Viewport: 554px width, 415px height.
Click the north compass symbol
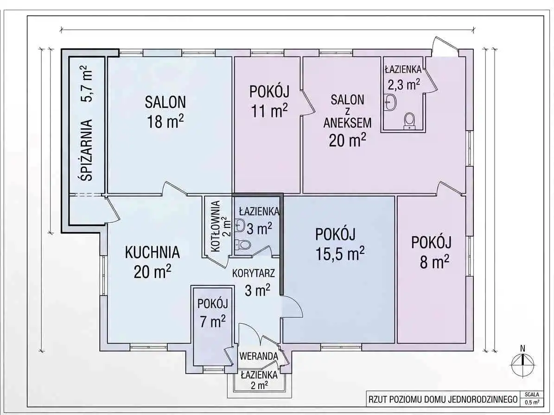pyautogui.click(x=523, y=363)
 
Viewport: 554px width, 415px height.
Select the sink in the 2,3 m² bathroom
pyautogui.click(x=390, y=102)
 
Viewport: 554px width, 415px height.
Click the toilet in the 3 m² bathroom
pyautogui.click(x=243, y=244)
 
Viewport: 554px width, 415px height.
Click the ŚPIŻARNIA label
pyautogui.click(x=87, y=151)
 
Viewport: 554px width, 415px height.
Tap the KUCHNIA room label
pyautogui.click(x=152, y=253)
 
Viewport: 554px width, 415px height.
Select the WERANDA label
pyautogui.click(x=259, y=356)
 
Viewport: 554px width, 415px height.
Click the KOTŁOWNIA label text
pyautogui.click(x=216, y=226)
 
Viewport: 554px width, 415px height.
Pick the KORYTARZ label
pyautogui.click(x=253, y=273)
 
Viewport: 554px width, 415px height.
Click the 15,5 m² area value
pyautogui.click(x=340, y=253)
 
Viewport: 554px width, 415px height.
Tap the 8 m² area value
pyautogui.click(x=434, y=262)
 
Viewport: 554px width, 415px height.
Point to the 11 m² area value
pyautogui.click(x=269, y=111)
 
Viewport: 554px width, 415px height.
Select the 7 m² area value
pyautogui.click(x=213, y=321)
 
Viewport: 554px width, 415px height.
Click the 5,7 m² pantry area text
pyautogui.click(x=87, y=84)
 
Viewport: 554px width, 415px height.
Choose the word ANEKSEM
pyautogui.click(x=347, y=122)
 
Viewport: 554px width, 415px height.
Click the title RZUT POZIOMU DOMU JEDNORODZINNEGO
pyautogui.click(x=443, y=399)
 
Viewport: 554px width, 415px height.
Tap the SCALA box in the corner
pyautogui.click(x=532, y=398)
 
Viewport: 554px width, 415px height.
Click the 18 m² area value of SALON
pyautogui.click(x=166, y=122)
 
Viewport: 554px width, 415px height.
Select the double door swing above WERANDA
pyautogui.click(x=259, y=334)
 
